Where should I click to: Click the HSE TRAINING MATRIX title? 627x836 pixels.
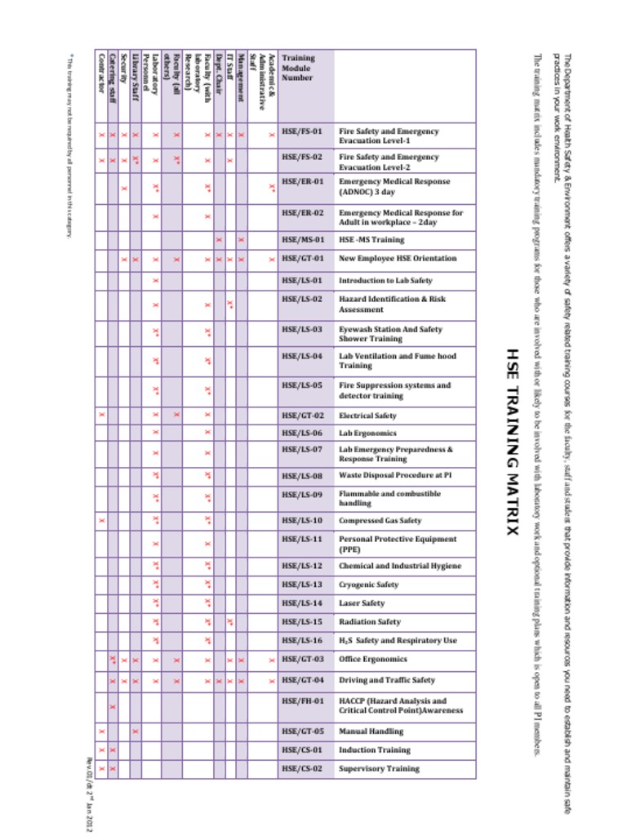tap(512, 442)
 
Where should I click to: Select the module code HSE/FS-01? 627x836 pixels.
tap(302, 131)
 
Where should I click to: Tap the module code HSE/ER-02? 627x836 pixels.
tap(302, 212)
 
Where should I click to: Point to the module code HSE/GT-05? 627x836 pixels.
tap(302, 731)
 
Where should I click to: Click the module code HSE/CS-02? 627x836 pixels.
tap(302, 768)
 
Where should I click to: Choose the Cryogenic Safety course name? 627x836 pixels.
tap(369, 585)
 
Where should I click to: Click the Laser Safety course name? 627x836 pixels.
tap(362, 603)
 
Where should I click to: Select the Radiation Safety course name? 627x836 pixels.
tap(370, 622)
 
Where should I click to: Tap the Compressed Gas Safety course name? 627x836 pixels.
tap(380, 520)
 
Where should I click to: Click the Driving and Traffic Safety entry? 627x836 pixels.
tap(387, 680)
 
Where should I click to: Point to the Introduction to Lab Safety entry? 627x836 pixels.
tap(385, 280)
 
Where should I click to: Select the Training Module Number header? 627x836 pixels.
tap(297, 68)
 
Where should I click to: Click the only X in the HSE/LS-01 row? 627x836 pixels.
tap(155, 280)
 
